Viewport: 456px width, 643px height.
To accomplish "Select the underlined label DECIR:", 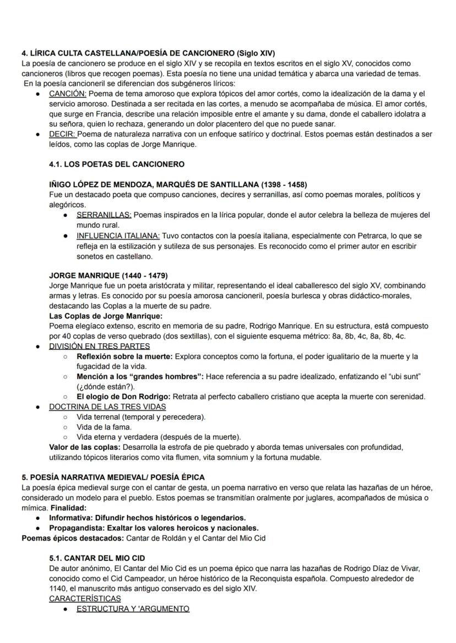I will [x=62, y=134].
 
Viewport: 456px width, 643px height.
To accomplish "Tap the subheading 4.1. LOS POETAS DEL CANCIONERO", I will [x=117, y=164].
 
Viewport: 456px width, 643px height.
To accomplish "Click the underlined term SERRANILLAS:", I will [x=104, y=215].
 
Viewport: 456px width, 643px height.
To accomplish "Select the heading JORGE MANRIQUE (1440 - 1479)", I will [x=108, y=275].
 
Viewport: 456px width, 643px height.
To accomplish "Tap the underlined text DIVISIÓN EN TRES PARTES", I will [x=99, y=347].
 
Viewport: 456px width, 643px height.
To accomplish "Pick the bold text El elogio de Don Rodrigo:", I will [x=124, y=397].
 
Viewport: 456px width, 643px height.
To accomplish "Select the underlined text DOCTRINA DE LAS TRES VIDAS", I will [x=107, y=407].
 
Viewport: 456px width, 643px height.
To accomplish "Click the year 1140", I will [x=59, y=589].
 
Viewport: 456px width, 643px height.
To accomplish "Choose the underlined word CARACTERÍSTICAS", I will [x=85, y=598].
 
